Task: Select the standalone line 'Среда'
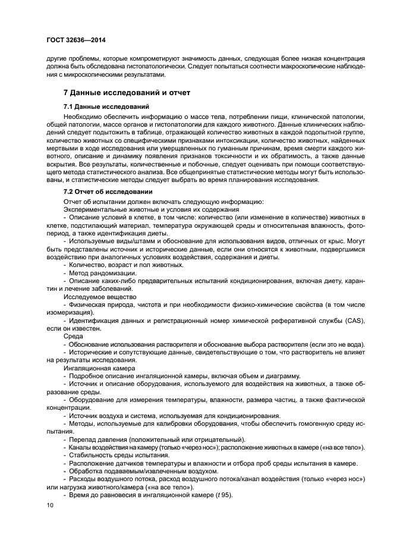(74, 337)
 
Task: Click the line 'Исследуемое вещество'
(100, 296)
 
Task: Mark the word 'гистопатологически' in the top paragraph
(146, 67)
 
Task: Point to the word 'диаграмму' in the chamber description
(284, 376)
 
